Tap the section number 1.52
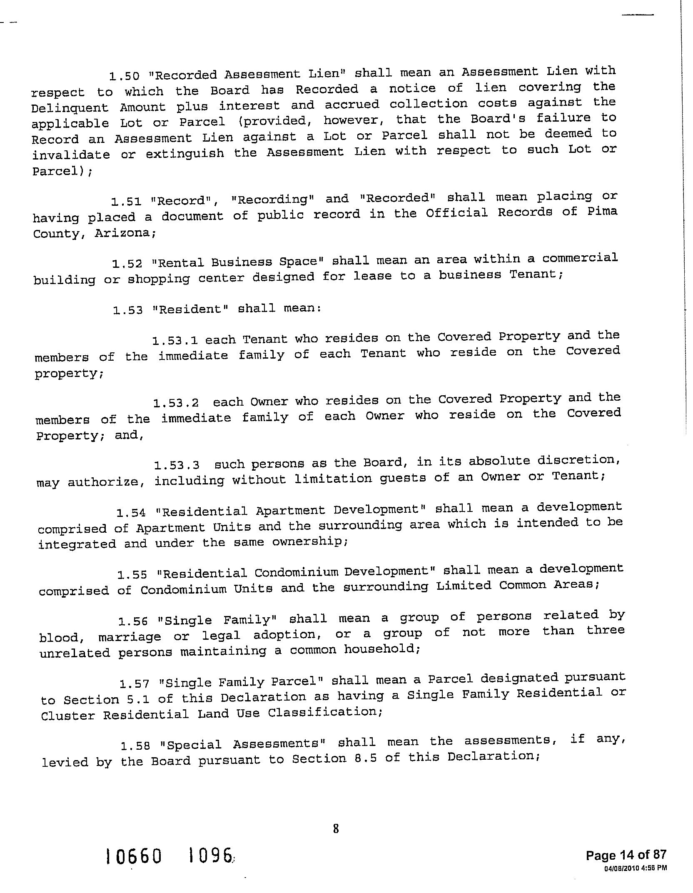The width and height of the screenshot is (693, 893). point(127,264)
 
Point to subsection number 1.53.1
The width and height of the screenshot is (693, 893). point(175,341)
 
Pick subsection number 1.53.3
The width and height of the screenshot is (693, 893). point(177,465)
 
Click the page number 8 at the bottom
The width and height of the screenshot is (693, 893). point(336,829)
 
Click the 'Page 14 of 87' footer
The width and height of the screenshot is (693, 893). point(626,856)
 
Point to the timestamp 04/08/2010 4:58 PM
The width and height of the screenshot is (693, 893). point(635,868)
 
